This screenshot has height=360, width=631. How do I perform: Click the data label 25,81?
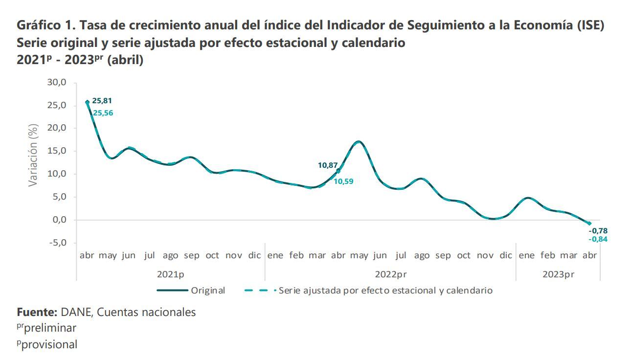coord(102,101)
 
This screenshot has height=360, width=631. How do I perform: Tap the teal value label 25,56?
coord(103,113)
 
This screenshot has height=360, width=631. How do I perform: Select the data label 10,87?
coord(328,165)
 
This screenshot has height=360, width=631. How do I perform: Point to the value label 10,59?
coord(343,181)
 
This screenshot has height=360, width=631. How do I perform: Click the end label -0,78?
coord(598,231)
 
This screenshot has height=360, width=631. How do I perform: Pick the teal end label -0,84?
coord(598,239)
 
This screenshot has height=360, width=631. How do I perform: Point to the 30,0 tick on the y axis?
coord(57,82)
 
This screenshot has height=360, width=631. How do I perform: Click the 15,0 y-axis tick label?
coord(57,151)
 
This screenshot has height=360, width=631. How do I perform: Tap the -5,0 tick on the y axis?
coord(57,243)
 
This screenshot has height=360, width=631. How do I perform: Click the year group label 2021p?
coord(170,274)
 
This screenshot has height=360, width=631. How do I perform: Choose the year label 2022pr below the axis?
coord(390,274)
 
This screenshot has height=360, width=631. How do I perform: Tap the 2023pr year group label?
coord(558,274)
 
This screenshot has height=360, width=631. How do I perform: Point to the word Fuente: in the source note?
coord(37,312)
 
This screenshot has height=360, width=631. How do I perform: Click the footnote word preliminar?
coord(50,328)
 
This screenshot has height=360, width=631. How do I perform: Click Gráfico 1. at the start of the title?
coord(44,25)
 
